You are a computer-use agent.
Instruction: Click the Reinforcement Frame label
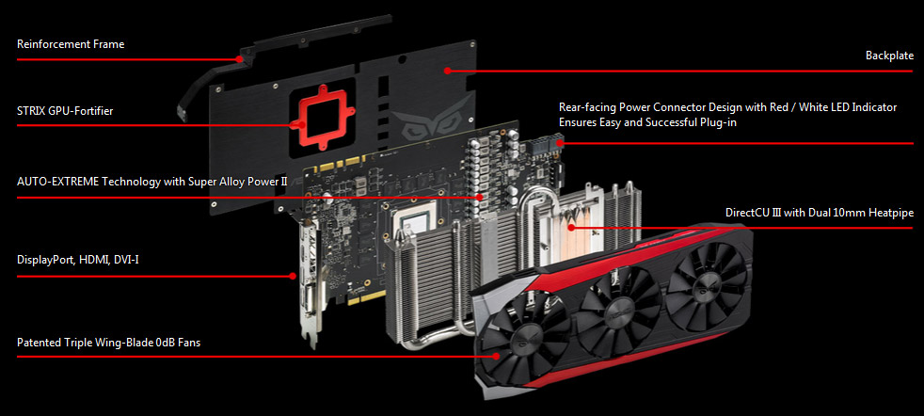71,44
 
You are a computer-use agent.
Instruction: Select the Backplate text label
889,56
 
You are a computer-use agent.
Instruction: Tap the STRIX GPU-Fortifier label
65,111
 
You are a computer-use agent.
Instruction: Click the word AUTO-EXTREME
57,182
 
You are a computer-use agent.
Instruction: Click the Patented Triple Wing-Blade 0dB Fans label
108,343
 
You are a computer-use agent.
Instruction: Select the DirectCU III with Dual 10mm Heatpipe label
820,213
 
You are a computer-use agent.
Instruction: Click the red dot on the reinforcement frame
239,59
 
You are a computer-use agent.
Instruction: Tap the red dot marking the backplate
447,71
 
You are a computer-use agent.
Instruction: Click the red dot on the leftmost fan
496,356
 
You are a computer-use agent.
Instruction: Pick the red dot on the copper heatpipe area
570,227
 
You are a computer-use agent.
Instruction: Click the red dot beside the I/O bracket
293,275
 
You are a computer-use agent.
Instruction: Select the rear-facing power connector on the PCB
548,145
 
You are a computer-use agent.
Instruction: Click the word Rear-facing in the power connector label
587,108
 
